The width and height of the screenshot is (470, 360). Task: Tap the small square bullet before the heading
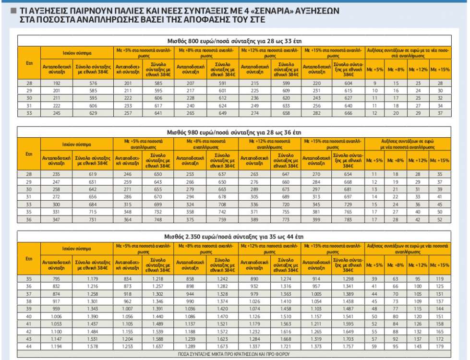14,10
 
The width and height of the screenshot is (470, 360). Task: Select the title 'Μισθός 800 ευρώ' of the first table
235,40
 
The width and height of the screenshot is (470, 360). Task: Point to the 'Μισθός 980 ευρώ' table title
235,132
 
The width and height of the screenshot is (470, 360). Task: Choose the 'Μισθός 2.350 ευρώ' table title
235,237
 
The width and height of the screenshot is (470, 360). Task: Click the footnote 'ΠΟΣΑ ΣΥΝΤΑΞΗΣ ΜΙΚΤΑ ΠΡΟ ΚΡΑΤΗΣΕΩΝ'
235,354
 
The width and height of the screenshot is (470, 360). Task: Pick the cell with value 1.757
349,347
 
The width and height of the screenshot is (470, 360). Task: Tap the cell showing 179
440,347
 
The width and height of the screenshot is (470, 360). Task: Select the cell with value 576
93,83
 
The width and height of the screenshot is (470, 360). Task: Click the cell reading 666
349,113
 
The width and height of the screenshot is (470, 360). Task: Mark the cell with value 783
349,220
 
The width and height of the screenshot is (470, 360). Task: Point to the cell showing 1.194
57,347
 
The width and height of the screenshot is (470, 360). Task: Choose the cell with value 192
57,83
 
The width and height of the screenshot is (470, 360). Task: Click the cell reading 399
317,220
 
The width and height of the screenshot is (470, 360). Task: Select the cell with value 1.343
93,309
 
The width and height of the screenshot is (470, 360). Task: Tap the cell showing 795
57,278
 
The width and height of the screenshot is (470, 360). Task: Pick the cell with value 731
93,220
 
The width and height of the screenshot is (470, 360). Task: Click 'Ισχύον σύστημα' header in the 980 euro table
77,144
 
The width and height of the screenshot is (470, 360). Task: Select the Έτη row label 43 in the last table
29,339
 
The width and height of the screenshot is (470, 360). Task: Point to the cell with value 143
418,347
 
